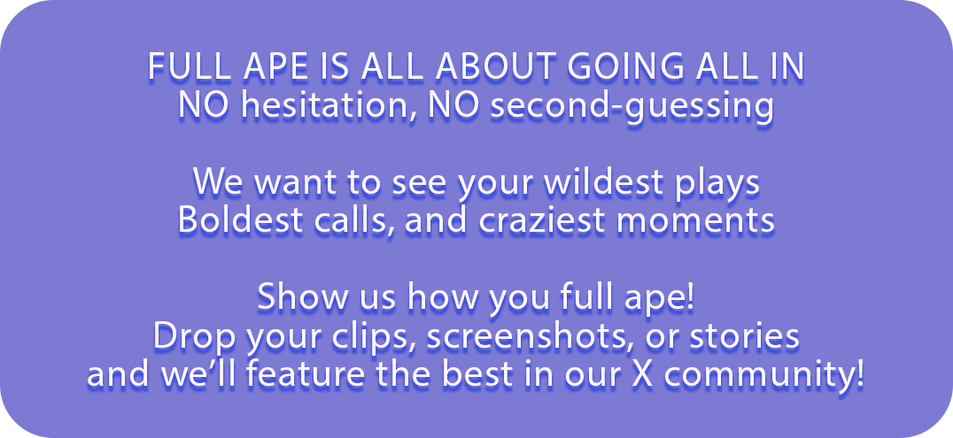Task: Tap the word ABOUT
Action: click(x=494, y=69)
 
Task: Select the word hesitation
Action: click(x=322, y=106)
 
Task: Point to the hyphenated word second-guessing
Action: click(x=631, y=106)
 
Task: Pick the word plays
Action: click(x=718, y=182)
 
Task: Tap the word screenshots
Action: click(x=557, y=336)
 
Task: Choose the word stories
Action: click(x=753, y=336)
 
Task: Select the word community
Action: click(x=772, y=375)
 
